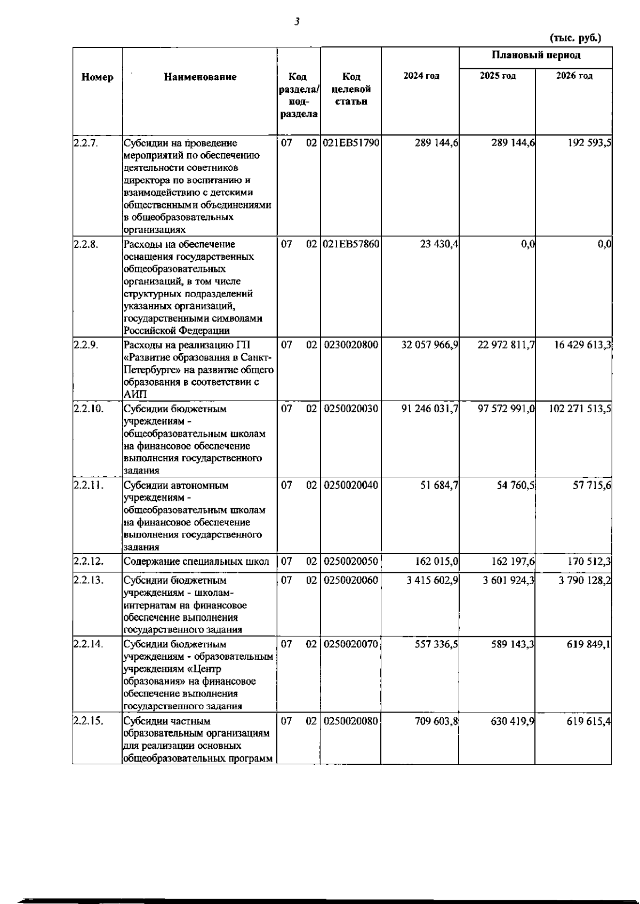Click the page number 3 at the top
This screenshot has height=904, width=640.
tap(297, 22)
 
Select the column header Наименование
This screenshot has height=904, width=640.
tap(200, 77)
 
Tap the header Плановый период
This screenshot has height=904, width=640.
tap(535, 55)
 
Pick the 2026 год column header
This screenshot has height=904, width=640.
tap(574, 76)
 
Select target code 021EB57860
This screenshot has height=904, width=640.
tap(350, 244)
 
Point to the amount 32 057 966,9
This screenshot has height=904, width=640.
tap(430, 345)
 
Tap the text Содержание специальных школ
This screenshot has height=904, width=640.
tap(196, 562)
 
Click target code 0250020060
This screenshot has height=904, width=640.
tap(350, 580)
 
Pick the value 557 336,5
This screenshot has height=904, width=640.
tap(437, 644)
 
